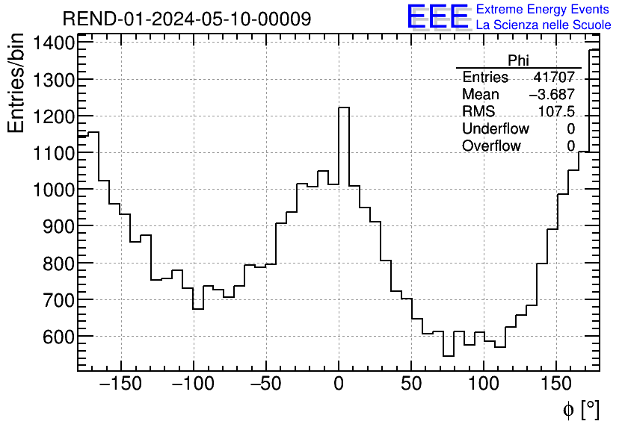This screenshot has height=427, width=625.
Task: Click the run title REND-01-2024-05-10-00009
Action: point(186,19)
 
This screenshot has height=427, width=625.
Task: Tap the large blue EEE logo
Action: point(437,17)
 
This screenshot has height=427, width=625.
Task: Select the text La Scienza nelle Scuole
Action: point(544,25)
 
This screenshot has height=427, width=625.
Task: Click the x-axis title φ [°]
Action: point(581,409)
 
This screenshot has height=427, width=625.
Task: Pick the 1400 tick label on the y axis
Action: point(53,44)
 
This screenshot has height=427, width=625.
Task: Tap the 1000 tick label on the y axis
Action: point(53,190)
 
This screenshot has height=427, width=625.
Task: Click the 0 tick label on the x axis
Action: point(339,384)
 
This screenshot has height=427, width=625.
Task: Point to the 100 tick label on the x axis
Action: point(484,384)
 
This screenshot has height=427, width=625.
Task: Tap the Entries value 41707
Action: point(554,78)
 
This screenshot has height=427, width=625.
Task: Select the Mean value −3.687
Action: point(552,95)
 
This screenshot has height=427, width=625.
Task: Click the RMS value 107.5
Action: point(556,112)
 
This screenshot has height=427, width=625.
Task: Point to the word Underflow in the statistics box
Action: point(495,129)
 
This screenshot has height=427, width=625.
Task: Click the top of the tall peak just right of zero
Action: point(344,107)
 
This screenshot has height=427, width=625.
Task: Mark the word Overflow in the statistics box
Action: point(491,146)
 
